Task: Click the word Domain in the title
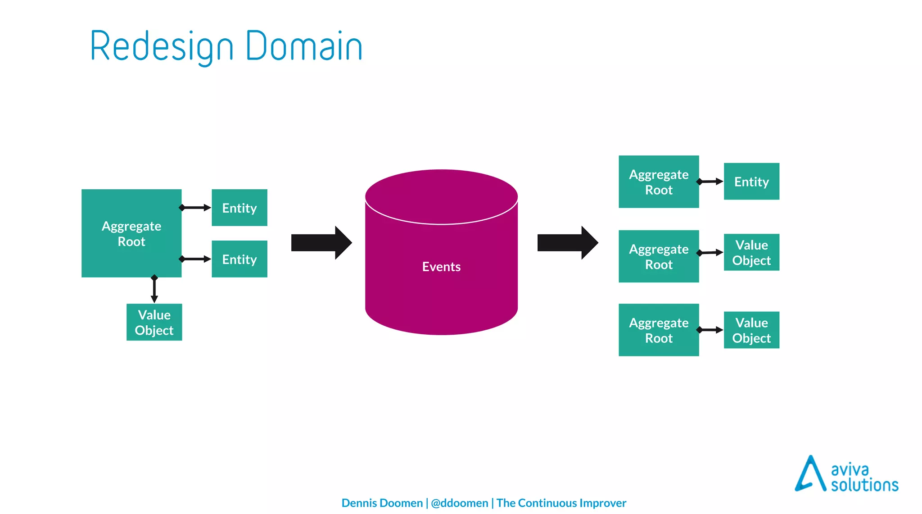point(304,46)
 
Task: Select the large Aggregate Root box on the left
point(131,233)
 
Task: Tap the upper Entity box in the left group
point(239,208)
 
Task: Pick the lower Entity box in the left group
point(239,259)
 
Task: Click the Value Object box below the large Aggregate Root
point(154,322)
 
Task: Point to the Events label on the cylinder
point(441,267)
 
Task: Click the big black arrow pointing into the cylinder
point(321,243)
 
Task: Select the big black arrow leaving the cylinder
point(567,243)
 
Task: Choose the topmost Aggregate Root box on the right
point(658,182)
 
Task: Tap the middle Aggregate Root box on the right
point(658,256)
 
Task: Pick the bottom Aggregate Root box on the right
point(658,330)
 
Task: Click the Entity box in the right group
point(751,182)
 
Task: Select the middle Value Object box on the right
point(751,252)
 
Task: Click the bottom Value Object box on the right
point(751,330)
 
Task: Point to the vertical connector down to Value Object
point(154,290)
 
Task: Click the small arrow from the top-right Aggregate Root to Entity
point(710,182)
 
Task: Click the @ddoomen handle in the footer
point(459,503)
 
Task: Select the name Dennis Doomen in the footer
point(382,503)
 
